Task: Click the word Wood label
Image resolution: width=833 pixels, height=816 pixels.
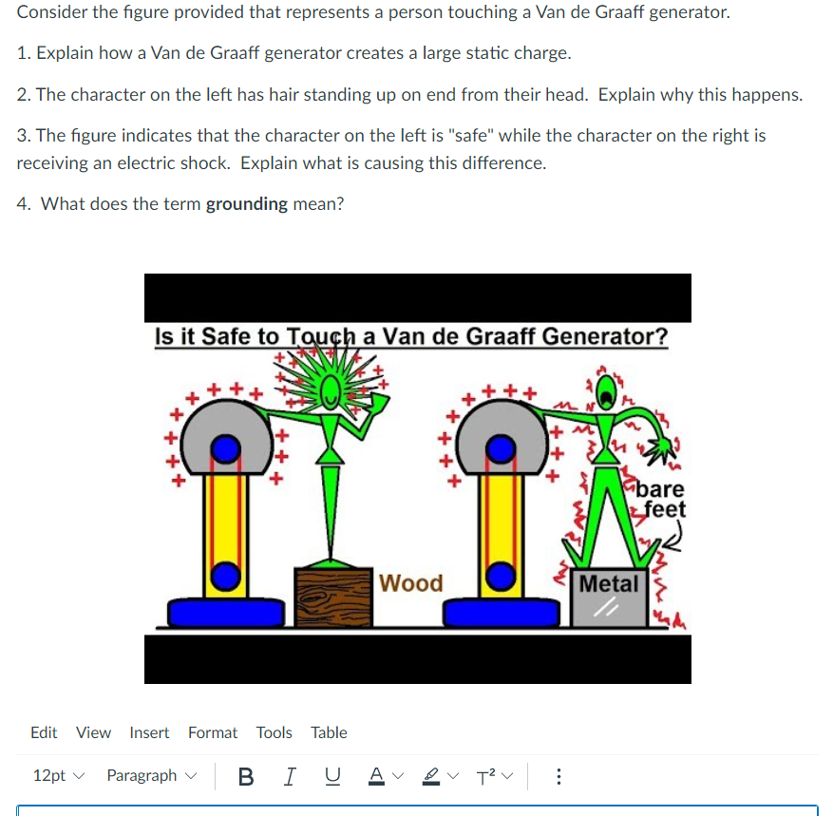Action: [x=410, y=582]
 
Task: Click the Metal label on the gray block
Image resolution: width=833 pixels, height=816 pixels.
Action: [x=610, y=583]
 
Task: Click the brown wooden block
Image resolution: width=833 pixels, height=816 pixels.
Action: [x=331, y=596]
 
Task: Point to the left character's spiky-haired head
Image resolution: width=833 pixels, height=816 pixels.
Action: [x=330, y=389]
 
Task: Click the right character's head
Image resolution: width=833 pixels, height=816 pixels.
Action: [x=605, y=389]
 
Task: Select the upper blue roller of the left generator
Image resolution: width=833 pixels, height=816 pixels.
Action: [x=224, y=447]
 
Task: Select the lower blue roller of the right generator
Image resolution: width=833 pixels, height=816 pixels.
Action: [x=500, y=576]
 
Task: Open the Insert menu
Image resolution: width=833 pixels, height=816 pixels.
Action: [x=149, y=732]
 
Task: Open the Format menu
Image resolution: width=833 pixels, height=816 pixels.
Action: [x=213, y=732]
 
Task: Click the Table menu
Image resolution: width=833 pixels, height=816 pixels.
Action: [x=329, y=732]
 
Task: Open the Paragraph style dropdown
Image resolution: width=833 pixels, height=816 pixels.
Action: [x=149, y=776]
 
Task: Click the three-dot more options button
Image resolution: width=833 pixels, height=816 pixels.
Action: [x=558, y=776]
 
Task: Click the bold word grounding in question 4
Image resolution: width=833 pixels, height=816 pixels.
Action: [x=246, y=203]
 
